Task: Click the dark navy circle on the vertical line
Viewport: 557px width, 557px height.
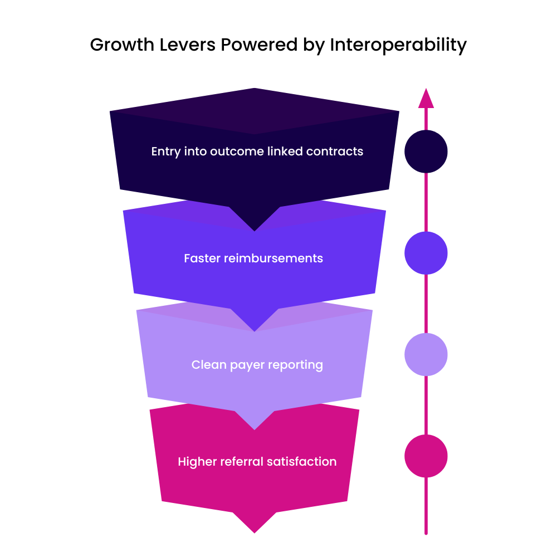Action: tap(426, 151)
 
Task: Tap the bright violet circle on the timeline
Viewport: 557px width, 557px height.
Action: tap(426, 253)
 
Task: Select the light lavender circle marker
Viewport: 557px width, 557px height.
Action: tap(426, 354)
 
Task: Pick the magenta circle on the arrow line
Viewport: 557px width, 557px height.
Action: tap(426, 456)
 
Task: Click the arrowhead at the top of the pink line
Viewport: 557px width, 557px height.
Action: tap(426, 99)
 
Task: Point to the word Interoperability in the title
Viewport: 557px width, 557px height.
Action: tap(398, 45)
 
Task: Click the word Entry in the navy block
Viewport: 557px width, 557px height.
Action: tap(165, 152)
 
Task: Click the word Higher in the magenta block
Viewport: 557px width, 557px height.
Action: tap(197, 462)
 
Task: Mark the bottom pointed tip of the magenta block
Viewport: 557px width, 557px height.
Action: tap(255, 532)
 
